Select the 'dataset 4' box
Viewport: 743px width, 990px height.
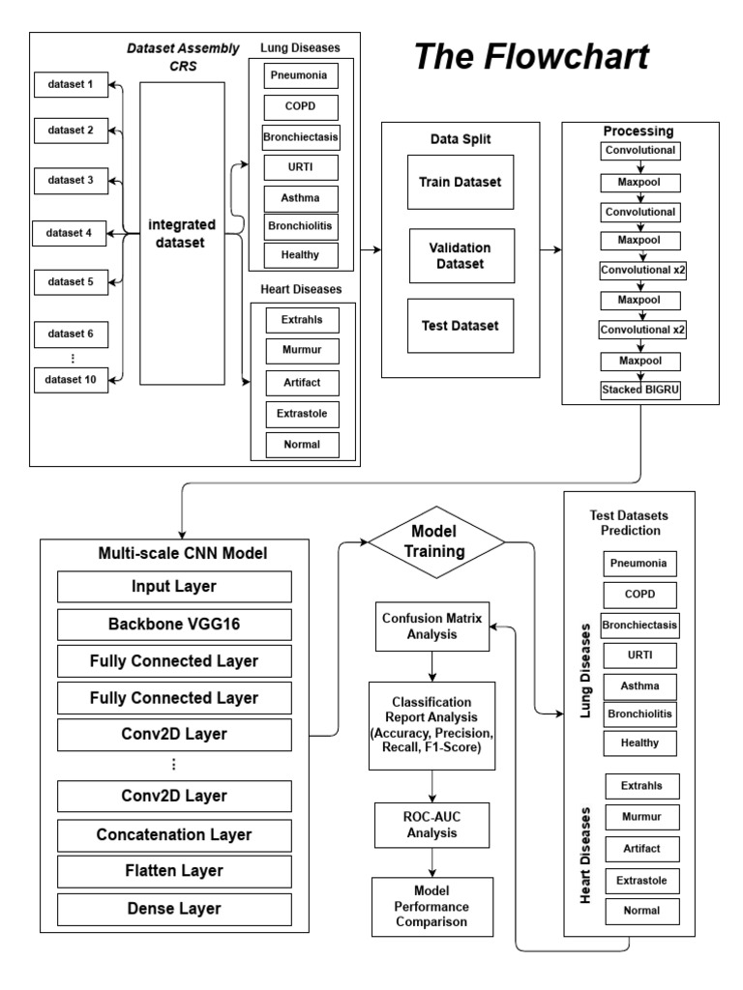tap(71, 233)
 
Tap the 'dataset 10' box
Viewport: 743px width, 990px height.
tap(71, 379)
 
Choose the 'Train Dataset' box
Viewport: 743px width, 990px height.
tap(460, 181)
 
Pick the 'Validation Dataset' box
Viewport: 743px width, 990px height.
tap(460, 254)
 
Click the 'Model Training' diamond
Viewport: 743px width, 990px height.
tap(435, 542)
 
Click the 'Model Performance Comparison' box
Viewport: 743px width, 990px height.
tap(432, 906)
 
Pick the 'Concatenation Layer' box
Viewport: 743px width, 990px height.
tap(175, 833)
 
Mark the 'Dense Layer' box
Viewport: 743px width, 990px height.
tap(175, 909)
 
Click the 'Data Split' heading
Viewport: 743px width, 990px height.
tap(460, 138)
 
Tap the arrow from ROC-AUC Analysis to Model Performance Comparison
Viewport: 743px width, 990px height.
tap(432, 861)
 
